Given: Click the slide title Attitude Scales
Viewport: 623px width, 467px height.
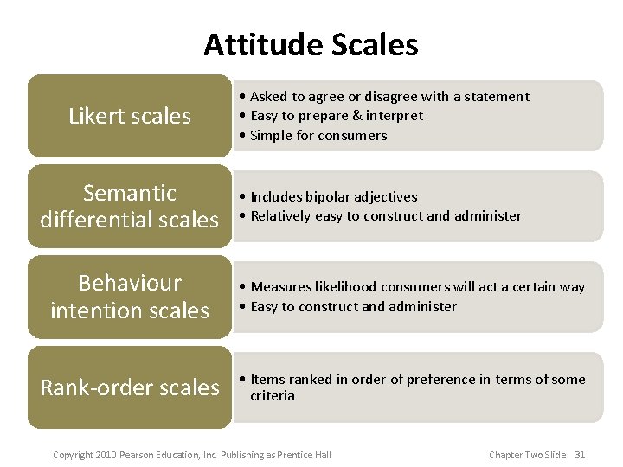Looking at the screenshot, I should (311, 45).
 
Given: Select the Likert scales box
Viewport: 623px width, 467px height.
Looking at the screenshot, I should (130, 116).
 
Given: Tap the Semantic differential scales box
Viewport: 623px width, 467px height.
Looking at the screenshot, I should (130, 206).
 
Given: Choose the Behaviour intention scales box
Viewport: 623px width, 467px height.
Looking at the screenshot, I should (130, 296).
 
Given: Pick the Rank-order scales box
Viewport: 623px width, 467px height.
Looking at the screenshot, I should (130, 387).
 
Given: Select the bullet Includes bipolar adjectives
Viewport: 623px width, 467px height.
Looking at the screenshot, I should (329, 196).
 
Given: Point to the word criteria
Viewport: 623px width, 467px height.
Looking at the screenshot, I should (273, 396).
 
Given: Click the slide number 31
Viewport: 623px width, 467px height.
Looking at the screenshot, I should (580, 455).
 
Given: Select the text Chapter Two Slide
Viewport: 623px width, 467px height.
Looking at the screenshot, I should (527, 455).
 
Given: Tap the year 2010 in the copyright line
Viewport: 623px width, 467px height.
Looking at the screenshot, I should (104, 455).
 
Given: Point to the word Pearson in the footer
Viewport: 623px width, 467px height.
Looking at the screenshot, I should (138, 455).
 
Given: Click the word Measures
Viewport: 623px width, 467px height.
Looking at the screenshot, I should (280, 286).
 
